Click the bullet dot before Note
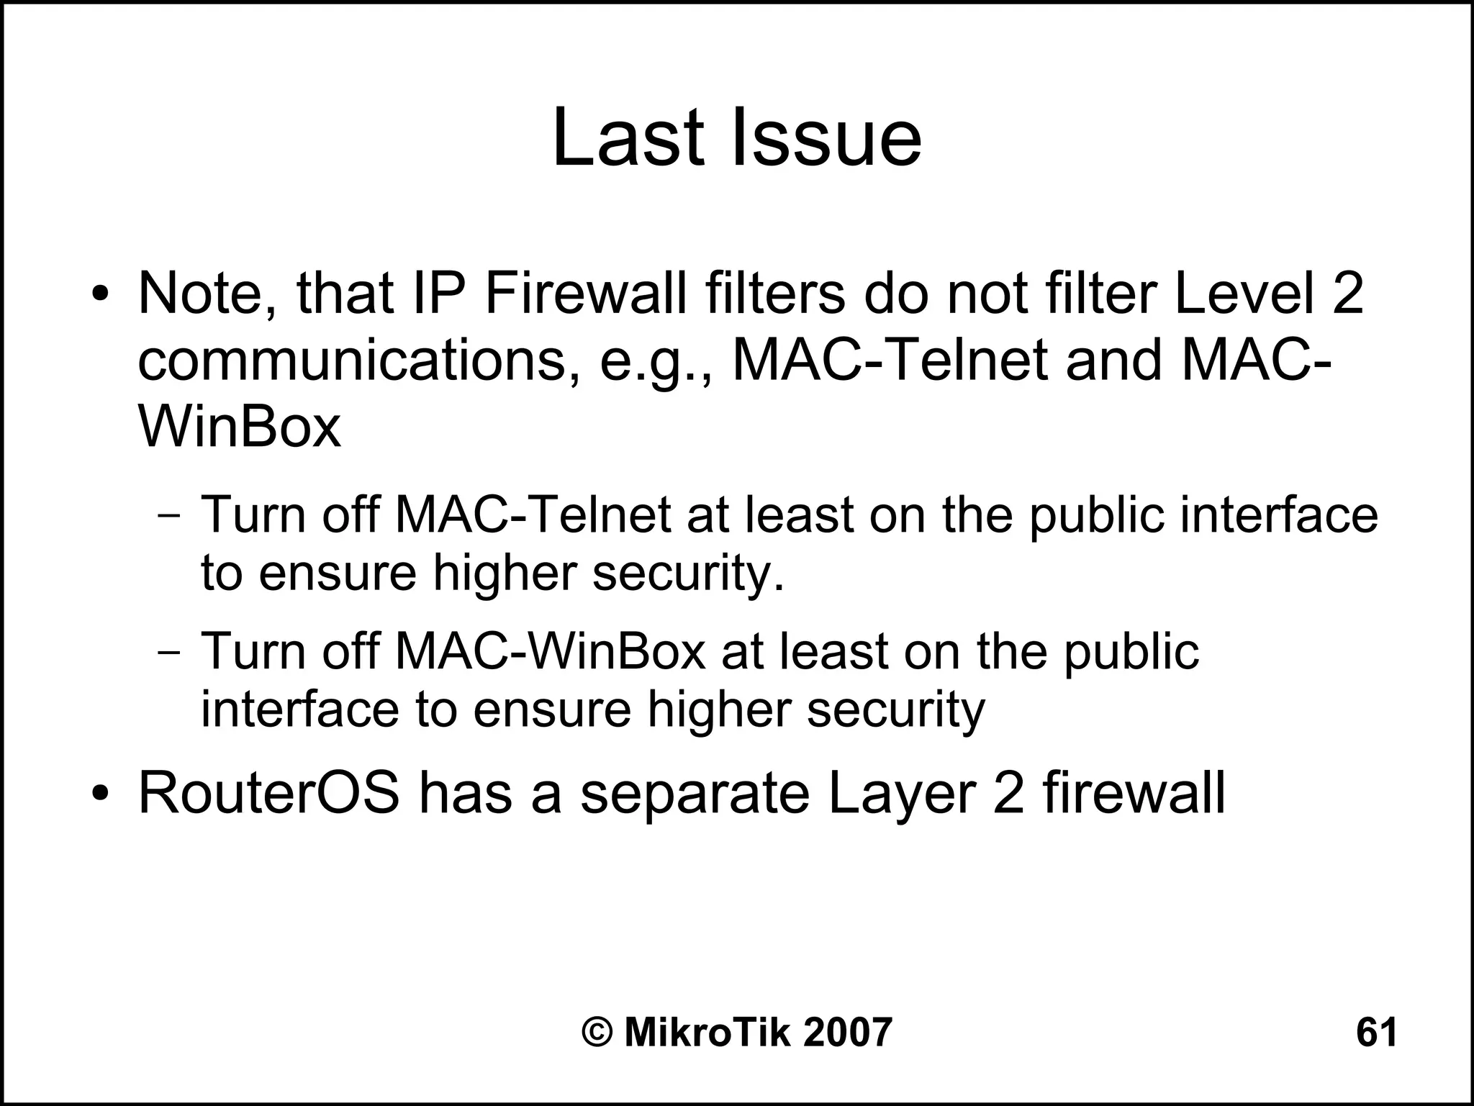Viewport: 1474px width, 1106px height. coord(100,296)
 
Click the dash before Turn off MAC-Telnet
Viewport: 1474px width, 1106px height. coord(170,516)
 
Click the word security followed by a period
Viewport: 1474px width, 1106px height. coord(687,575)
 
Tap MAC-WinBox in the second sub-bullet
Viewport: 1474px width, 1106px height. coord(551,651)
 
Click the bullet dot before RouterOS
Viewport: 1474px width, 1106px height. coord(100,794)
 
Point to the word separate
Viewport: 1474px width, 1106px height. coord(695,794)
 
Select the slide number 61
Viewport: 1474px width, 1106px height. coord(1376,1032)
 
